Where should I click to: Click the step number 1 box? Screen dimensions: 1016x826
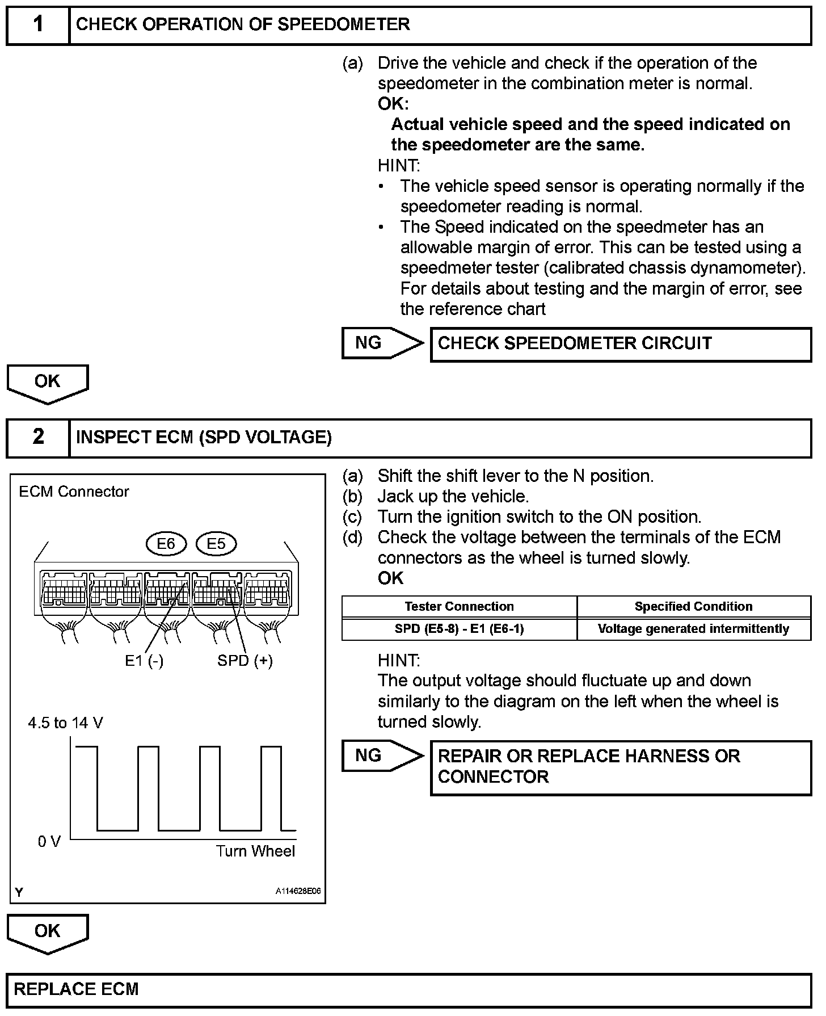pyautogui.click(x=38, y=25)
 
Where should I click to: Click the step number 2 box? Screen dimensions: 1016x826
pyautogui.click(x=38, y=437)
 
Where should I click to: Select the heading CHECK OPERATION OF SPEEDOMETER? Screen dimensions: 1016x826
pyautogui.click(x=243, y=25)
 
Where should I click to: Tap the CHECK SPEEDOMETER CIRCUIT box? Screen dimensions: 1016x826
pyautogui.click(x=621, y=344)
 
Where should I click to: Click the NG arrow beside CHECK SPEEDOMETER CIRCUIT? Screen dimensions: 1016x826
pyautogui.click(x=382, y=343)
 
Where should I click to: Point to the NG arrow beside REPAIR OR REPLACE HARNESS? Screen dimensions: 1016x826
pyautogui.click(x=382, y=756)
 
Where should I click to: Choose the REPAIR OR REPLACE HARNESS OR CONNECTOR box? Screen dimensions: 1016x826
pyautogui.click(x=621, y=767)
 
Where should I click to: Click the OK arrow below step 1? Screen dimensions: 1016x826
pyautogui.click(x=48, y=383)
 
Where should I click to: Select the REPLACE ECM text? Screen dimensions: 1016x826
pyautogui.click(x=77, y=989)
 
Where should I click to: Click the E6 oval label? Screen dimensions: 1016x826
pyautogui.click(x=166, y=544)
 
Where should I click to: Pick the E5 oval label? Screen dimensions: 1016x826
pyautogui.click(x=216, y=544)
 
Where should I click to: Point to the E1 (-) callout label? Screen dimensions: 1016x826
pyautogui.click(x=144, y=661)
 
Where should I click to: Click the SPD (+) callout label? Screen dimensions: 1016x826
pyautogui.click(x=245, y=661)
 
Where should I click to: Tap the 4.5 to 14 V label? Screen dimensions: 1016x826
pyautogui.click(x=65, y=723)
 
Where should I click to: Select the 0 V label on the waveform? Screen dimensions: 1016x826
pyautogui.click(x=49, y=842)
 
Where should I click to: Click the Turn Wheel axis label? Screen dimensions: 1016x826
pyautogui.click(x=255, y=851)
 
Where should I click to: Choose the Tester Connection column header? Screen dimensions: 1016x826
pyautogui.click(x=459, y=606)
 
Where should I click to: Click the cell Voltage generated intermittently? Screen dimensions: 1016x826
pyautogui.click(x=693, y=629)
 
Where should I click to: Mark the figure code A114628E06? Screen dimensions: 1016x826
pyautogui.click(x=298, y=891)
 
